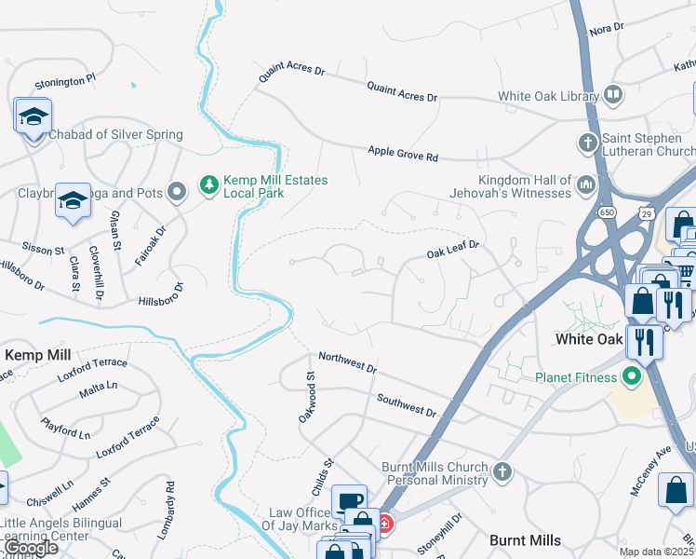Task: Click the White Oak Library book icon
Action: coord(612,94)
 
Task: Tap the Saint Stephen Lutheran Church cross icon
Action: coord(587,143)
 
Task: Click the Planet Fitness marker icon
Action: coord(633,377)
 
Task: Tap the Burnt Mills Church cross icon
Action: coord(503,473)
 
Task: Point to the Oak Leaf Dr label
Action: coord(452,249)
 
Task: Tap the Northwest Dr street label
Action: coord(347,362)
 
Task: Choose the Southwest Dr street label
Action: coord(407,404)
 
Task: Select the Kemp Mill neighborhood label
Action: coord(38,355)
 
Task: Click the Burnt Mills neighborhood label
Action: coord(525,540)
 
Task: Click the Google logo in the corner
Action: coord(31,548)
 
